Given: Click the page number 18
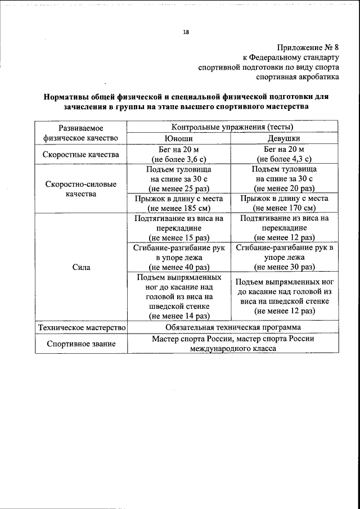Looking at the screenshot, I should pyautogui.click(x=186, y=32).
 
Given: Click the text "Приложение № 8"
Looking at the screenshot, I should pyautogui.click(x=308, y=47).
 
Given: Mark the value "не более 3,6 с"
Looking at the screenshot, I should pyautogui.click(x=179, y=159).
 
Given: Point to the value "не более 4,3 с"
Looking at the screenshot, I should pyautogui.click(x=283, y=159).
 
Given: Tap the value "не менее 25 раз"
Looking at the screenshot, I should pyautogui.click(x=179, y=188).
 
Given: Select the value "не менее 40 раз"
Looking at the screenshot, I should pyautogui.click(x=179, y=267).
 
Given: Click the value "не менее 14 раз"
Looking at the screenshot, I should pyautogui.click(x=179, y=316).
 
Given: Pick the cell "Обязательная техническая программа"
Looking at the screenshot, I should pyautogui.click(x=233, y=327).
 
